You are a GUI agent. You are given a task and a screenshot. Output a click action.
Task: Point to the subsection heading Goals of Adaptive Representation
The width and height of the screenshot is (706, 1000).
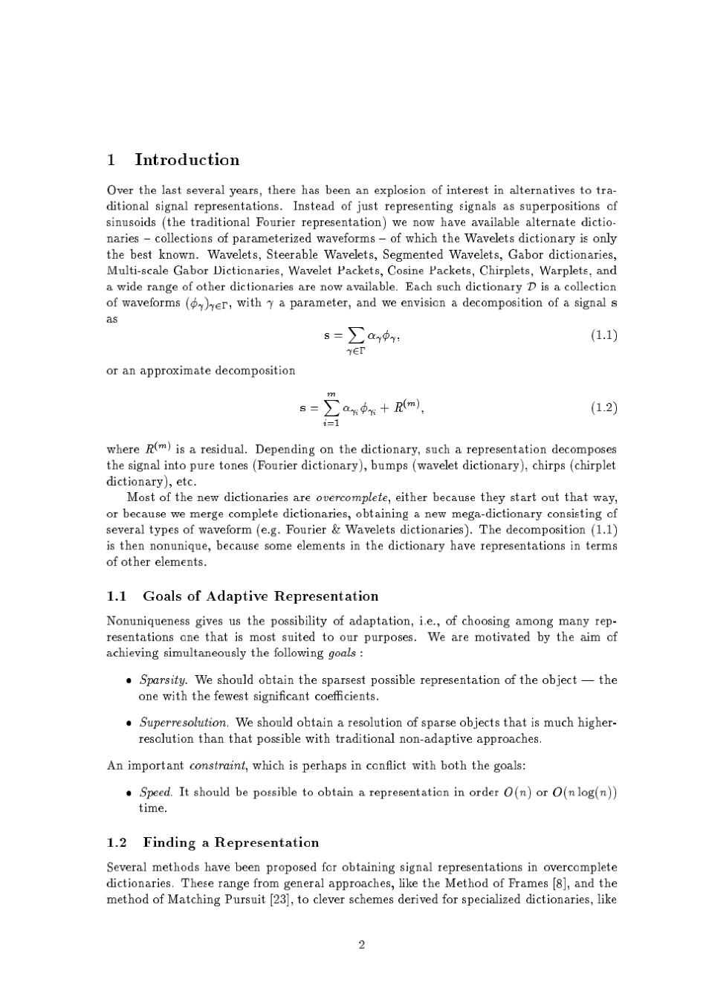click(x=260, y=596)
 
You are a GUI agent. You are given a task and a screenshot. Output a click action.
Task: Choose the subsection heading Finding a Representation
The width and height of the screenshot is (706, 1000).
click(x=230, y=842)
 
